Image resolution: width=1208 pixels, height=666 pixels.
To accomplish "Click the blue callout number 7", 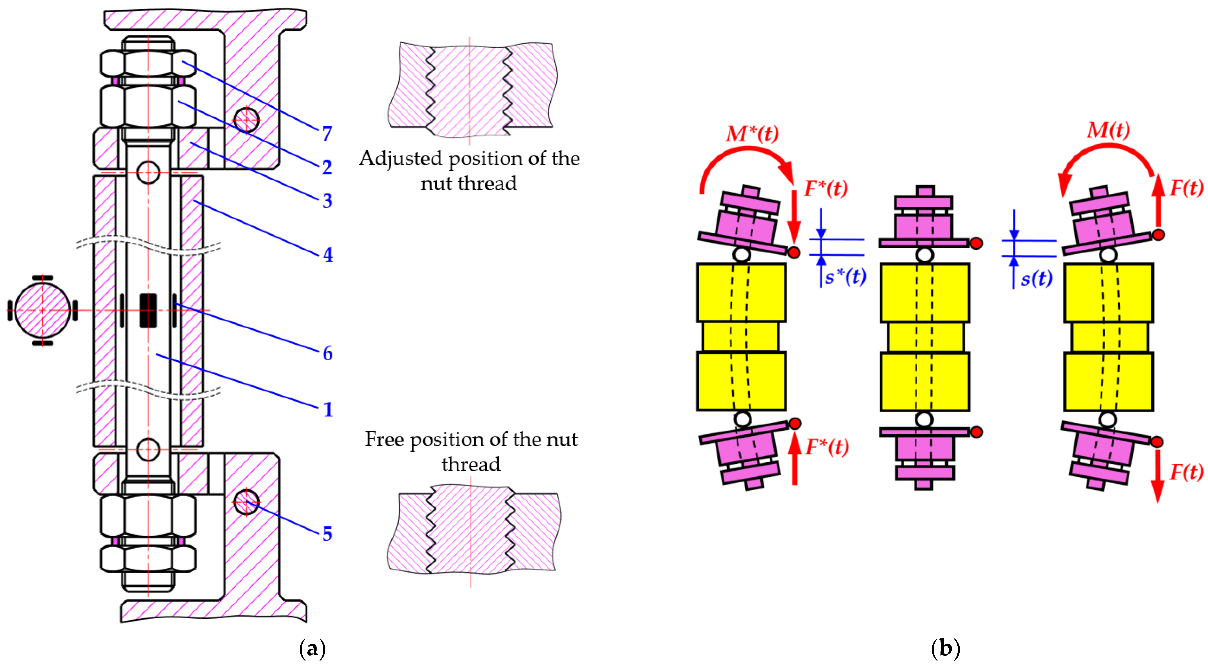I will [327, 134].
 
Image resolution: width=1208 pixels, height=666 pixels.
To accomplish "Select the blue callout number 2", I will [327, 167].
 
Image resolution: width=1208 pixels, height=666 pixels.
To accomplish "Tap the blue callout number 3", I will [327, 201].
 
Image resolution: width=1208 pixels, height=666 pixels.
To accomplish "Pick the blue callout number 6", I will [327, 353].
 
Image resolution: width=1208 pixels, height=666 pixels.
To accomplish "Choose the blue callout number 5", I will [327, 534].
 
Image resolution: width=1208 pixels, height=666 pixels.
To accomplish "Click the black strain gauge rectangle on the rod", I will [148, 310].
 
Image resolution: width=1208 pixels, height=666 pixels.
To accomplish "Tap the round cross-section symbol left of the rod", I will [42, 310].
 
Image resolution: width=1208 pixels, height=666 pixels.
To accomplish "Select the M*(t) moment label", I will [752, 134].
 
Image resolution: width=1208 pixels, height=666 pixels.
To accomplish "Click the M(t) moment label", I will [1108, 130].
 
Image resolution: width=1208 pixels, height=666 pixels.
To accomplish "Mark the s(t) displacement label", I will [1036, 279].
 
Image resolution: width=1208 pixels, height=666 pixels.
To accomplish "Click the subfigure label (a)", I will [312, 649].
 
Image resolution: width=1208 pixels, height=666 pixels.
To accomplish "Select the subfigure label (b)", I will [945, 649].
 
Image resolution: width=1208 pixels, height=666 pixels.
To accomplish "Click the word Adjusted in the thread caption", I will [401, 159].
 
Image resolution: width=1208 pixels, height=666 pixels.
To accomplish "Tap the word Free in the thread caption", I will [385, 439].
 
